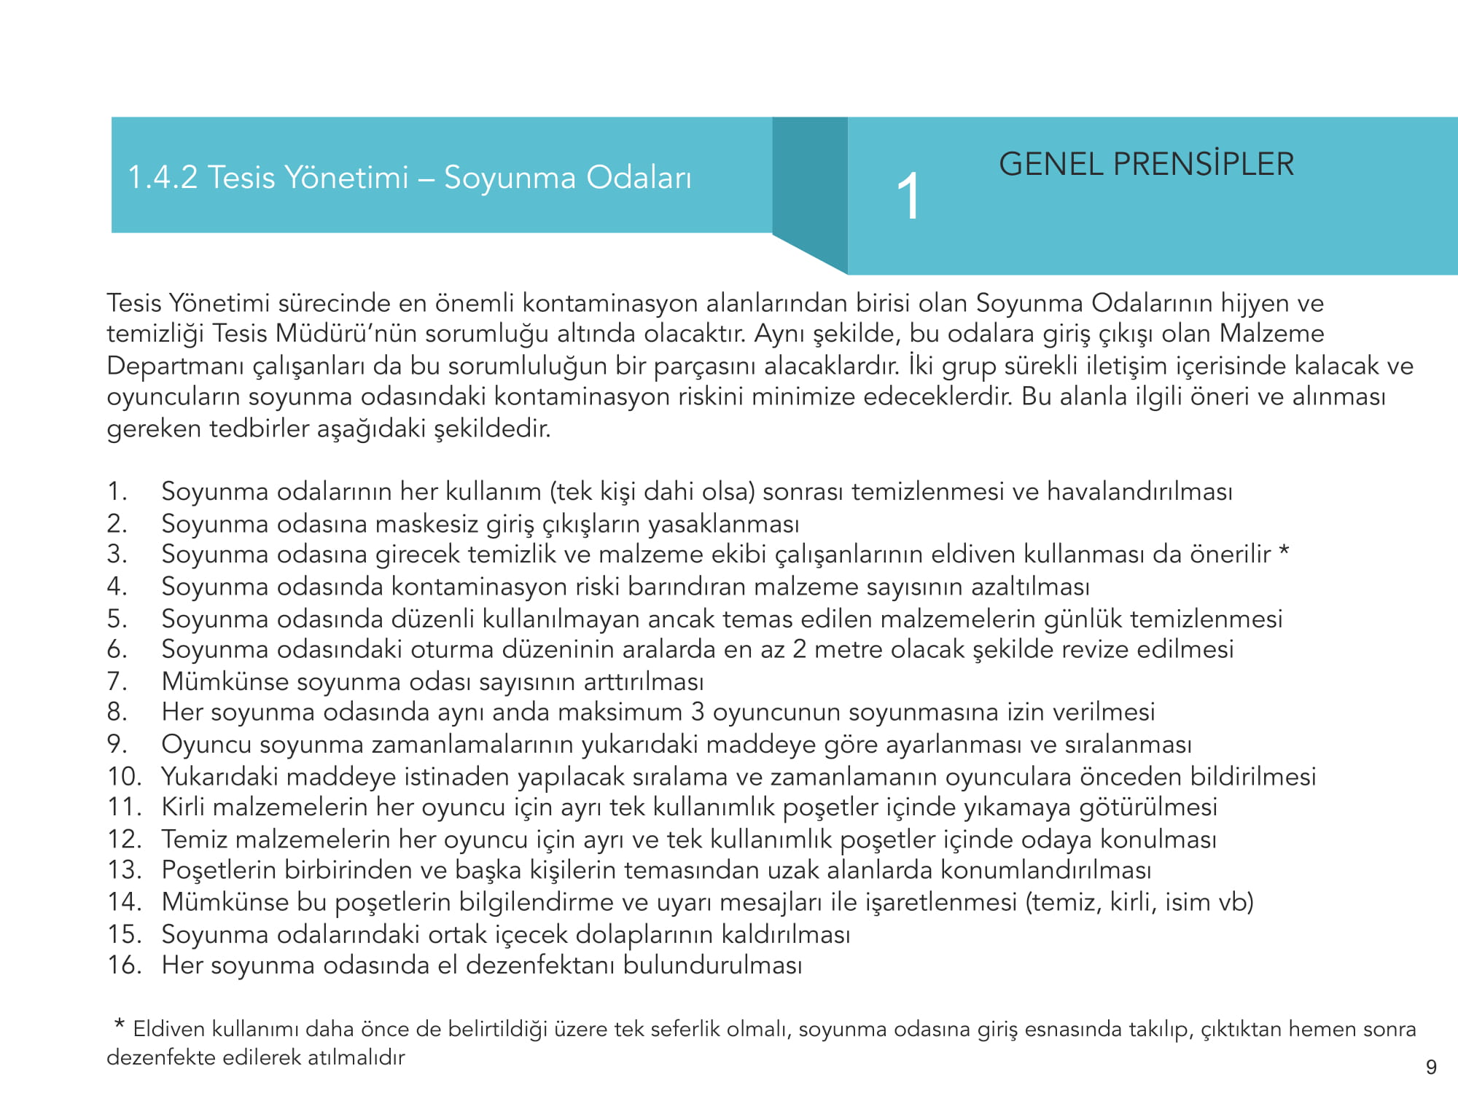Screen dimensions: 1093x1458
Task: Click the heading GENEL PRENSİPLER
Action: [1146, 165]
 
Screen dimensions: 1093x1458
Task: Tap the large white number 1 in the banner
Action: [908, 197]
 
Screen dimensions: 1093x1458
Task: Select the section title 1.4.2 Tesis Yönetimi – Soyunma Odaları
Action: [409, 178]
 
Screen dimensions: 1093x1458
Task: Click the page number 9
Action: [1430, 1067]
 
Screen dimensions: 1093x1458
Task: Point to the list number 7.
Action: [117, 681]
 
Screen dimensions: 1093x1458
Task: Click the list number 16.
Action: [124, 965]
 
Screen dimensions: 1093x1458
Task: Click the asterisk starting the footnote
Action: [119, 1025]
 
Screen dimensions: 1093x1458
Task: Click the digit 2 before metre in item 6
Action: [799, 649]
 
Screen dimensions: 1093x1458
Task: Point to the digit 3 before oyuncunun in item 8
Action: [698, 712]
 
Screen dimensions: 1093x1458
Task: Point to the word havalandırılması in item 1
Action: [1139, 492]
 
